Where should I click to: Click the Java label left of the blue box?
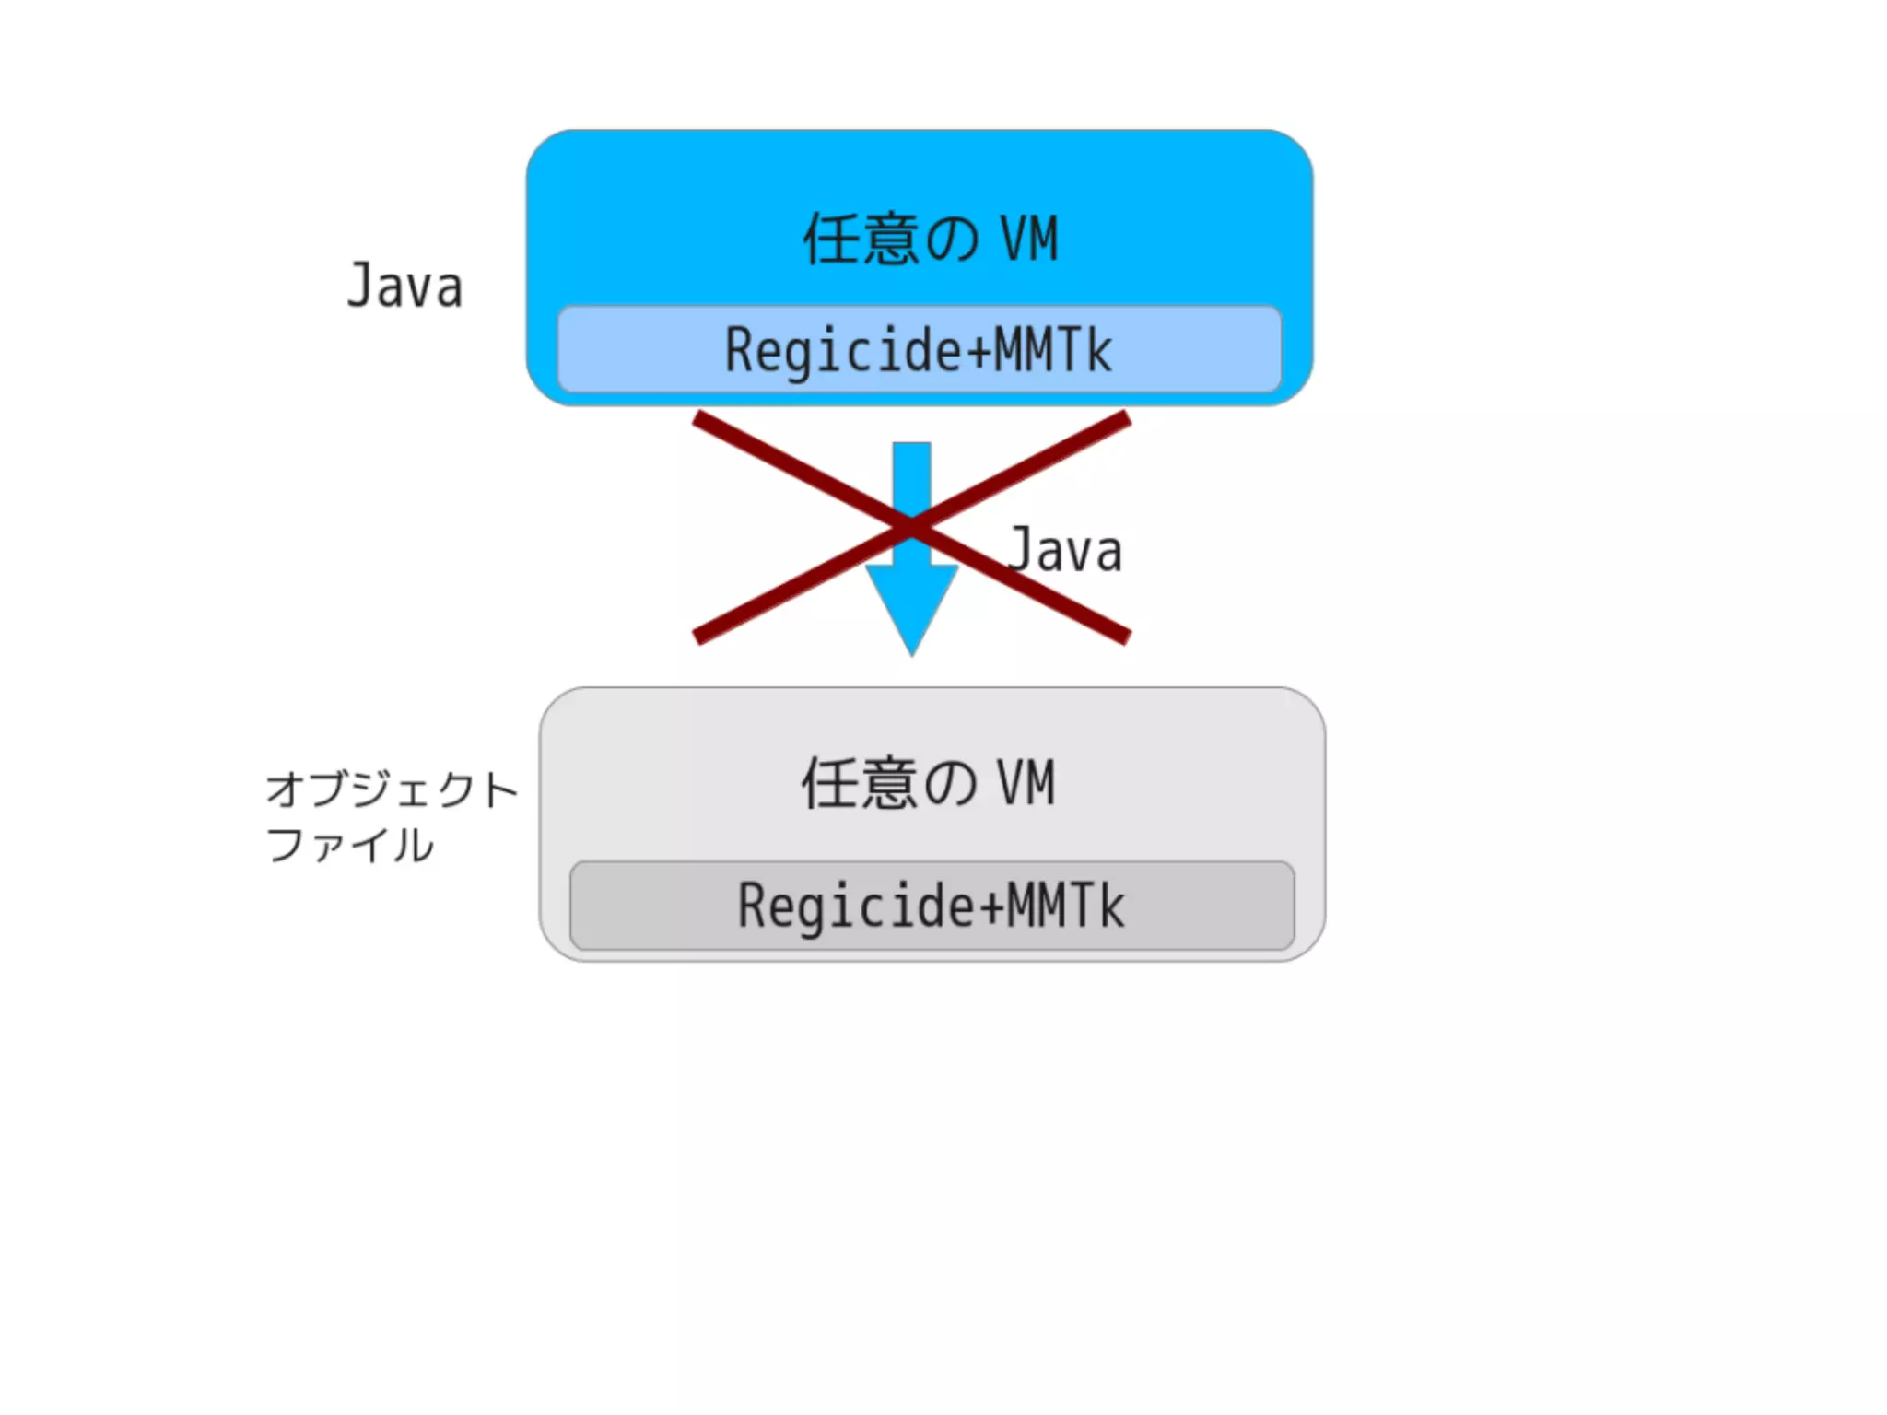tap(404, 287)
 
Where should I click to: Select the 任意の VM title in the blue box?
tap(931, 240)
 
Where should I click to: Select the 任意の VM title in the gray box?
tap(928, 784)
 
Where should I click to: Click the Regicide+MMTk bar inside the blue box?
tap(919, 350)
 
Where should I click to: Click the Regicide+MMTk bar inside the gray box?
tap(932, 906)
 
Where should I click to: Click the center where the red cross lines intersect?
tap(911, 527)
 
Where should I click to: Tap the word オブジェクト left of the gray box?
tap(392, 789)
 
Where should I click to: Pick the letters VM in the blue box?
tap(1029, 240)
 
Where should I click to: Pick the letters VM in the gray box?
tap(1026, 784)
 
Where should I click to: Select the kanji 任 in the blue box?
tap(832, 240)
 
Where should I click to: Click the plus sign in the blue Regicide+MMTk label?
tap(979, 351)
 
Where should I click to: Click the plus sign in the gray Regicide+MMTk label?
tap(991, 906)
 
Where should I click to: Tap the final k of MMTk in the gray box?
tap(1112, 906)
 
